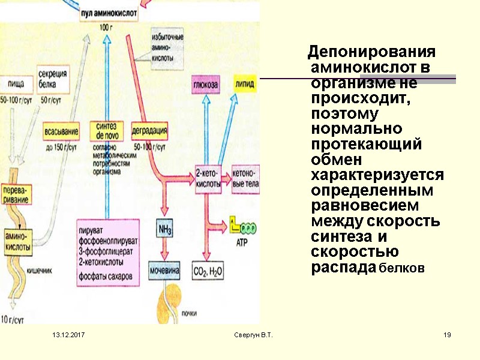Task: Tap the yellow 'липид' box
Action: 245,85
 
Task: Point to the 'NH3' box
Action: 165,229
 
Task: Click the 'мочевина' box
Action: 165,271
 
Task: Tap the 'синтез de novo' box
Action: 106,131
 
